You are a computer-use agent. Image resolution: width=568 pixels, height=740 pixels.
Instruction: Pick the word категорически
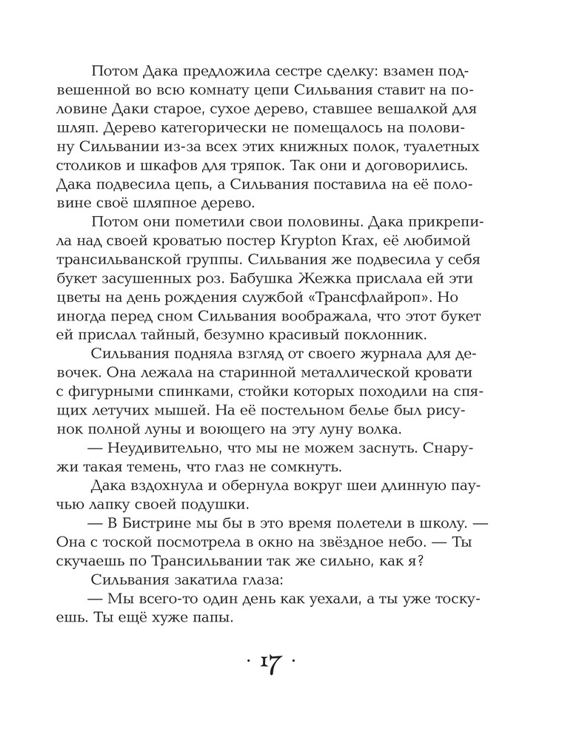[214, 135]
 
